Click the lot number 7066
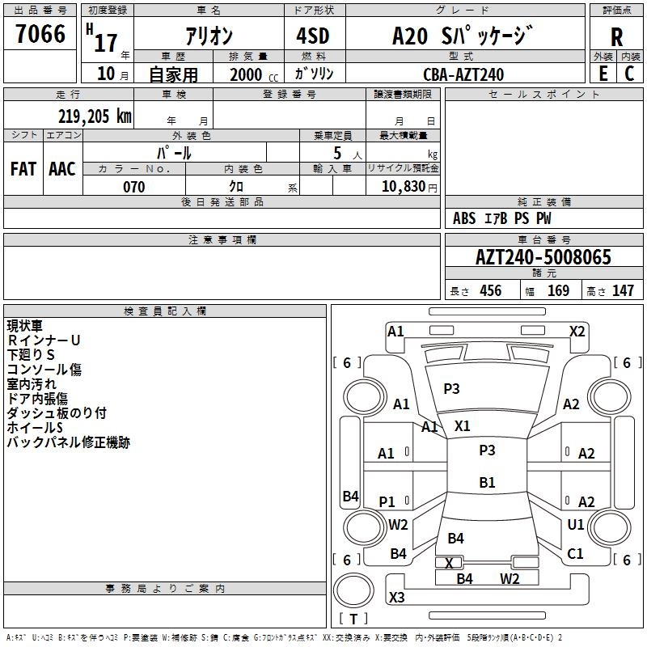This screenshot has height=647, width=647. (x=40, y=33)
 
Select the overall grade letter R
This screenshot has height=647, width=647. (x=616, y=36)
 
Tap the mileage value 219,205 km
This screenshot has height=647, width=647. (x=95, y=116)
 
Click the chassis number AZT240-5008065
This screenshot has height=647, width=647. (x=543, y=256)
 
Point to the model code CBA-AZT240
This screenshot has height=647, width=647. (x=463, y=74)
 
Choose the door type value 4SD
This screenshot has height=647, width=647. (x=313, y=36)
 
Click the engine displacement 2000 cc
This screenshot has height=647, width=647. (x=254, y=74)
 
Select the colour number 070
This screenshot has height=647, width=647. (x=134, y=187)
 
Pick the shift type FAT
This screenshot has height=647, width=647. (x=23, y=169)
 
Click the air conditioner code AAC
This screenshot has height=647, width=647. (x=62, y=169)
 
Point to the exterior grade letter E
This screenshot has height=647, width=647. (x=603, y=74)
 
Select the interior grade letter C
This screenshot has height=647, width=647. (x=629, y=74)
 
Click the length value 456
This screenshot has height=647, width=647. (x=491, y=290)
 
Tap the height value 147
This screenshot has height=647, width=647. (x=623, y=290)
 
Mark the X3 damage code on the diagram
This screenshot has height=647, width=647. (x=397, y=597)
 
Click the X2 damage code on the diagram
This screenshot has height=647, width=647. (x=577, y=332)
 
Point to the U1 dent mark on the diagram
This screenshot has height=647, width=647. (x=576, y=524)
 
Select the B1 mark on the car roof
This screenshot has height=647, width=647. (x=487, y=482)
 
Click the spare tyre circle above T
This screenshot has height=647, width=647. (x=353, y=590)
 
